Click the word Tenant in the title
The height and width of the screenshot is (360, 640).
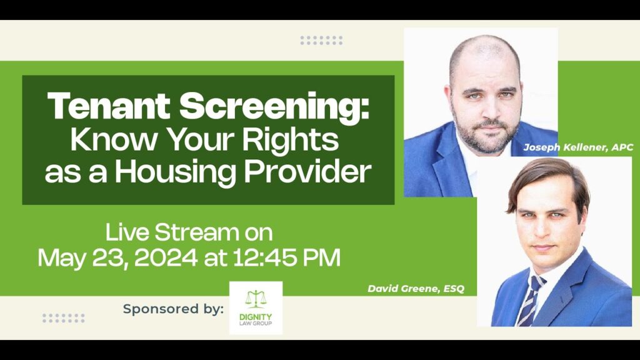109,106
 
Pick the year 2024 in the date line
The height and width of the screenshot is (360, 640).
166,258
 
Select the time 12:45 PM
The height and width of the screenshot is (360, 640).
286,258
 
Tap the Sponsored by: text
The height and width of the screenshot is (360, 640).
174,309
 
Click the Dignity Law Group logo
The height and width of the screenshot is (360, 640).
256,307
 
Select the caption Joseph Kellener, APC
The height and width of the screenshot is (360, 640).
578,147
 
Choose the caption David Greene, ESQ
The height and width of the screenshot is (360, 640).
416,289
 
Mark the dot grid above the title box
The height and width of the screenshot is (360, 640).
322,40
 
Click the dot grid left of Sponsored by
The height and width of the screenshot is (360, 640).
64,318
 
